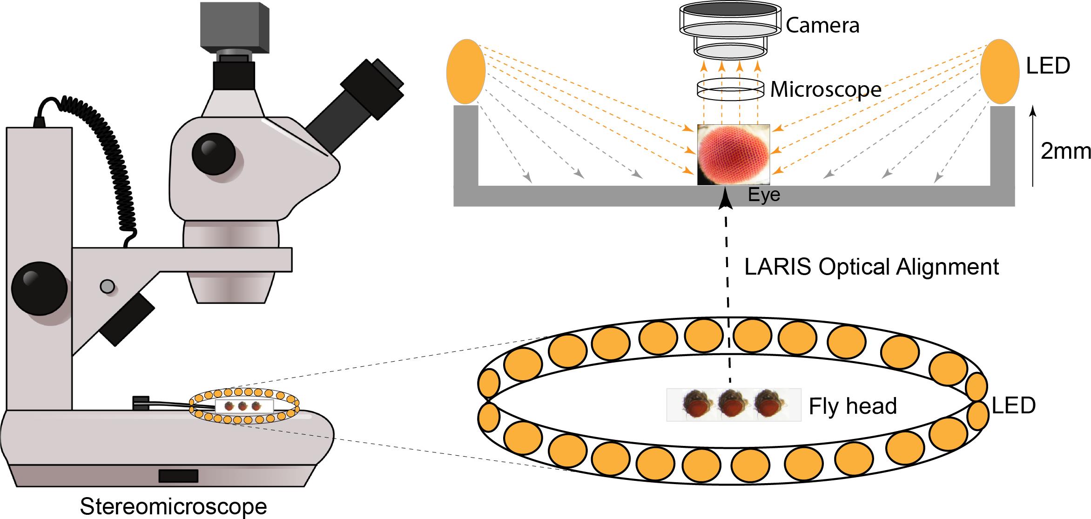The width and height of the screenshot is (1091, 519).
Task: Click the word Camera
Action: point(822,26)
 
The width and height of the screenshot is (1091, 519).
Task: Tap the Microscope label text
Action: point(826,89)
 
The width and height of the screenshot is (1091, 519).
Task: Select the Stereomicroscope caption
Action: point(173,506)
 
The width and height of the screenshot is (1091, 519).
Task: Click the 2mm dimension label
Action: point(1065,151)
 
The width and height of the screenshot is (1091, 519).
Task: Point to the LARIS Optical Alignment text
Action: point(872,267)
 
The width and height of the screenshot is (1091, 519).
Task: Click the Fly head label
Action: point(853,406)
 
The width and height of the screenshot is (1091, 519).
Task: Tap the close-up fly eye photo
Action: point(733,155)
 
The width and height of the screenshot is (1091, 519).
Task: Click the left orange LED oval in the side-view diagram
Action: point(465,72)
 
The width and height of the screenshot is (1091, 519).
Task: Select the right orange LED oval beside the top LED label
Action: point(1000,72)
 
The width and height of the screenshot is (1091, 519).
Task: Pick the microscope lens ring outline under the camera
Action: point(730,89)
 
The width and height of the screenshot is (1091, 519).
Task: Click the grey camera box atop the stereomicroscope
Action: point(235,26)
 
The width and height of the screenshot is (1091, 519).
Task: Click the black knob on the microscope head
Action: point(213,153)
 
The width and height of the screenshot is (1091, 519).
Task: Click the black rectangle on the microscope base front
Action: point(178,476)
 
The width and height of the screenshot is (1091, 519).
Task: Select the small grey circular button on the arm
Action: point(108,286)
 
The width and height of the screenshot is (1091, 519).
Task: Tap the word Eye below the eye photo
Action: point(764,195)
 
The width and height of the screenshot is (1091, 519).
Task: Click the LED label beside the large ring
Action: point(1013,406)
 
